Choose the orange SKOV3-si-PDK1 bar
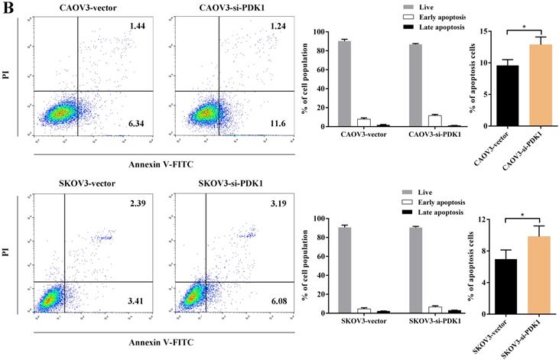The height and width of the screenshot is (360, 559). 541,275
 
